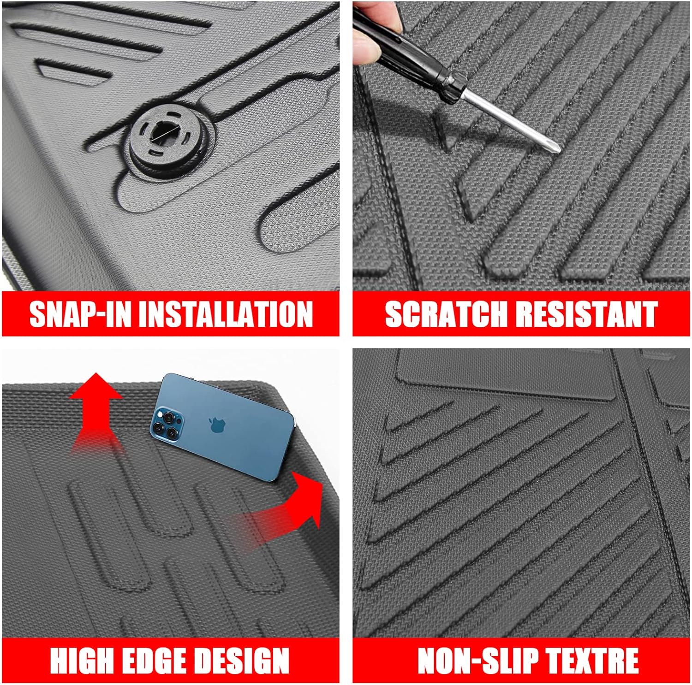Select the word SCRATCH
pos(446,314)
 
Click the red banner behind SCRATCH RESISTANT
pos(521,314)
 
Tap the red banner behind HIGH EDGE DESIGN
pos(171,661)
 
